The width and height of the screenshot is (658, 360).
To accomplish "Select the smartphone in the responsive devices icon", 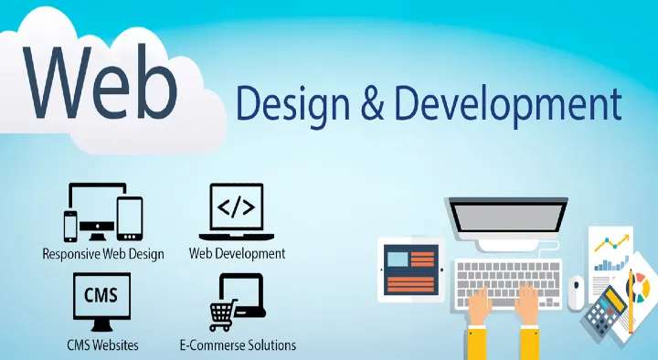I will (70, 226).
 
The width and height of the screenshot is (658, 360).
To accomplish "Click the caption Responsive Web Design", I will (103, 254).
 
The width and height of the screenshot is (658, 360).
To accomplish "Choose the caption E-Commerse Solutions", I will (237, 345).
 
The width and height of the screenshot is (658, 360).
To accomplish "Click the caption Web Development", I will (237, 253).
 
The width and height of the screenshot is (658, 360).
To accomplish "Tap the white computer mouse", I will (576, 291).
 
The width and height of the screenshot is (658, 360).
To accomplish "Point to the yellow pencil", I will (631, 301).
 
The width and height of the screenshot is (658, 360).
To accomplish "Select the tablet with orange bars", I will (410, 270).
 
